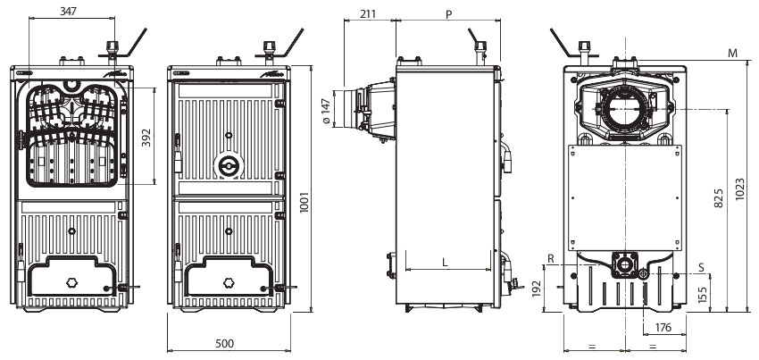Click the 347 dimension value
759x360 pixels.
pos(68,11)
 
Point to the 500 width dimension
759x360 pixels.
pos(224,344)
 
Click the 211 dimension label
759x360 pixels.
pos(368,13)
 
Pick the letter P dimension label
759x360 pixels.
pos(449,14)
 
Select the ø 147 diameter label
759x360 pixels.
pos(326,112)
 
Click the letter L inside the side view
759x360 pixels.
pos(446,262)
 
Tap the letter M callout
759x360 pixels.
pos(733,53)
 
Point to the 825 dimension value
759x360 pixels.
pos(719,198)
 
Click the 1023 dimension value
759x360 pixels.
pos(740,190)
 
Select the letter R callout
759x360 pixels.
pos(550,259)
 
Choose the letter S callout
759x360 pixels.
pos(701,267)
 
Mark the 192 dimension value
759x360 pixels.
pos(537,289)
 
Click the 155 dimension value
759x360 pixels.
pos(703,295)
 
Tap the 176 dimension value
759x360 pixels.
pos(663,328)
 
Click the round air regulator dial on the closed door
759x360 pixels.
pos(229,166)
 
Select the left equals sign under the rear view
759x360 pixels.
pos(592,347)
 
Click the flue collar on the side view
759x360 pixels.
pos(349,108)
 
